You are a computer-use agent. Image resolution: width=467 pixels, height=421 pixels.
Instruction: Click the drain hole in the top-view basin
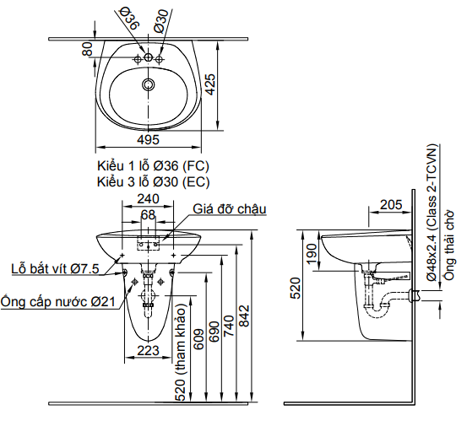tap(149, 84)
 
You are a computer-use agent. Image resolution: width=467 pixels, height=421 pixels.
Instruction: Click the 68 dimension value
tap(149, 215)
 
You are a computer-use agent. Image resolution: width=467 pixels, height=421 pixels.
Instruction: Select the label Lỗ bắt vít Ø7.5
tap(55, 268)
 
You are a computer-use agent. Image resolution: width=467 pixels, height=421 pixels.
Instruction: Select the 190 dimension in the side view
tap(312, 252)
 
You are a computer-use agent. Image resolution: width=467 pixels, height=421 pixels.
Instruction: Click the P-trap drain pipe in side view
tap(379, 300)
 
